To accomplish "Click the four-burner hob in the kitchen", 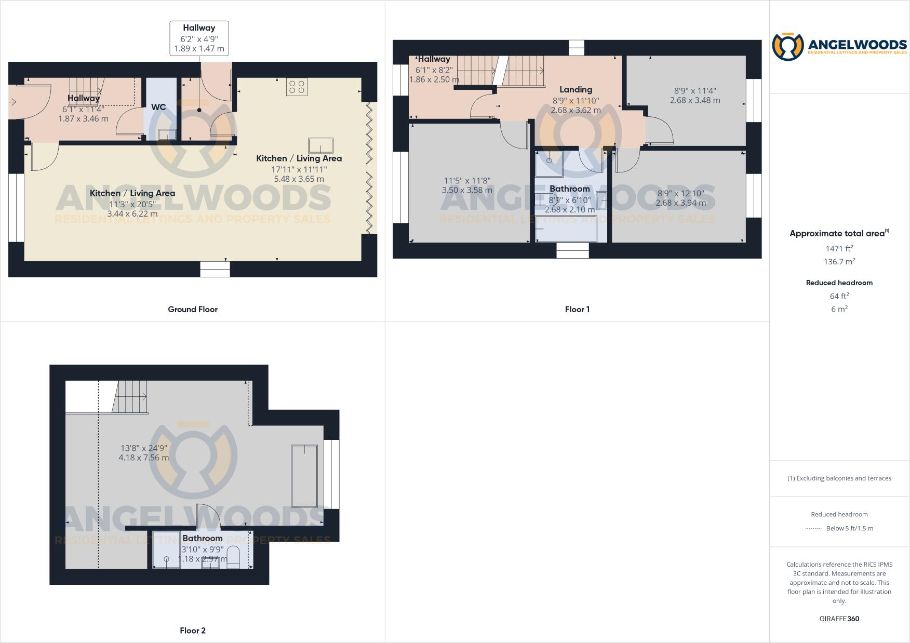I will click(297, 87).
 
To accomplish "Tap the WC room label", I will click(158, 107).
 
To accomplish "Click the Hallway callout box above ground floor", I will click(199, 38).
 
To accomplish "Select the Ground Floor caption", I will click(193, 309).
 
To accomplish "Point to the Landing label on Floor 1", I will click(576, 89).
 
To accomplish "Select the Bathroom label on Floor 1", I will click(570, 189).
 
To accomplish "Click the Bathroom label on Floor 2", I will click(202, 538).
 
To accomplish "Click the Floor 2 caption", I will click(193, 631).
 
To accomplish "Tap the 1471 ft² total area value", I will click(839, 248).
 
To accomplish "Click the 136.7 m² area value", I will click(839, 261).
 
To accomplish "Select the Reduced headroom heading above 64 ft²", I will click(839, 283).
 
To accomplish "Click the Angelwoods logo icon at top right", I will click(787, 46).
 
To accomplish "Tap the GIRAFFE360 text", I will click(839, 619).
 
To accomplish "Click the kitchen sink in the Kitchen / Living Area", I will click(320, 145).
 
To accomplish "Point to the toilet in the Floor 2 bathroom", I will click(233, 556).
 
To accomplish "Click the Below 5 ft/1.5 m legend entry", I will click(849, 528).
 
